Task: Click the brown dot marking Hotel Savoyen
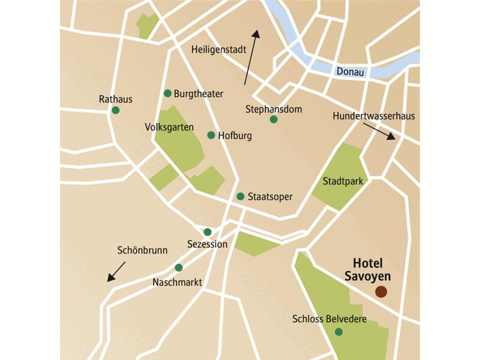(x=380, y=292)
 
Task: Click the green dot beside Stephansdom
(x=274, y=119)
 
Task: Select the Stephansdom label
(x=274, y=109)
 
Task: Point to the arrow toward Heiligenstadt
(x=251, y=57)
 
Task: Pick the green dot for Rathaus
(x=116, y=110)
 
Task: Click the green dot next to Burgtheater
(x=168, y=93)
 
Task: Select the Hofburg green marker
(x=211, y=135)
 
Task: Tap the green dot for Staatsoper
(x=241, y=196)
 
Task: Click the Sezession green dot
(x=208, y=232)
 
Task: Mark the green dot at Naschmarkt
(x=178, y=268)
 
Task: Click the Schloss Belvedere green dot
(x=339, y=332)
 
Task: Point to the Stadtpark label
(x=342, y=181)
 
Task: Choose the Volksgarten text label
(x=169, y=127)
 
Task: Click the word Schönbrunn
(x=142, y=250)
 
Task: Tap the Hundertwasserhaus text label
(x=373, y=116)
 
